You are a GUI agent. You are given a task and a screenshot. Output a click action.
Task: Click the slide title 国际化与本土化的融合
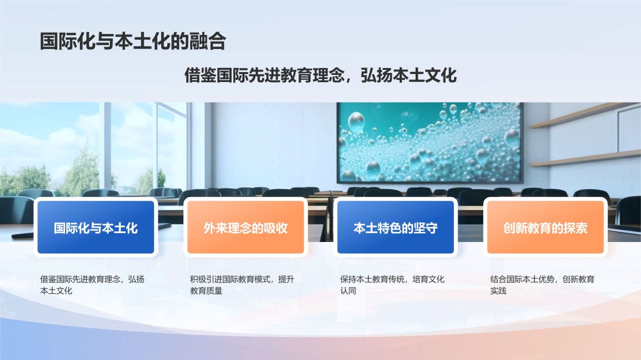pyautogui.click(x=133, y=42)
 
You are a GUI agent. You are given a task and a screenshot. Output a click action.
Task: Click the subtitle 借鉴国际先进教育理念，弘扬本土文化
pyautogui.click(x=320, y=76)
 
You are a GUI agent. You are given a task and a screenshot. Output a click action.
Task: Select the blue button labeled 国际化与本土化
pyautogui.click(x=96, y=228)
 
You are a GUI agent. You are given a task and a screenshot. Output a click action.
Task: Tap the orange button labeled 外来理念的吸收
pyautogui.click(x=245, y=228)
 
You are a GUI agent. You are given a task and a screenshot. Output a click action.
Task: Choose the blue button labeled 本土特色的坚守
pyautogui.click(x=396, y=228)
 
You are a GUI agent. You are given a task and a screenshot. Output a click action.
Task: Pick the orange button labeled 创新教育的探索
pyautogui.click(x=545, y=228)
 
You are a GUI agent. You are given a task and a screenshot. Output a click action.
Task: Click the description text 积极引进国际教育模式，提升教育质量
pyautogui.click(x=241, y=284)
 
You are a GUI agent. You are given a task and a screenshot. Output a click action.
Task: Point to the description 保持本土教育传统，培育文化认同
pyautogui.click(x=392, y=284)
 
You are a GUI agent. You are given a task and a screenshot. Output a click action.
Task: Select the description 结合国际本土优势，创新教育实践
pyautogui.click(x=542, y=284)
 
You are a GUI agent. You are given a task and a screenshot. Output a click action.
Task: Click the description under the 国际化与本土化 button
pyautogui.click(x=92, y=284)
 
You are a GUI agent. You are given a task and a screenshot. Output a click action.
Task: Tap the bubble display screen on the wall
pyautogui.click(x=430, y=142)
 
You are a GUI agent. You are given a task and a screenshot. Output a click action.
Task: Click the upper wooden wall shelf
pyautogui.click(x=576, y=115)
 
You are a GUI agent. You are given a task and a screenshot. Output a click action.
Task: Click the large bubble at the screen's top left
pyautogui.click(x=356, y=121)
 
